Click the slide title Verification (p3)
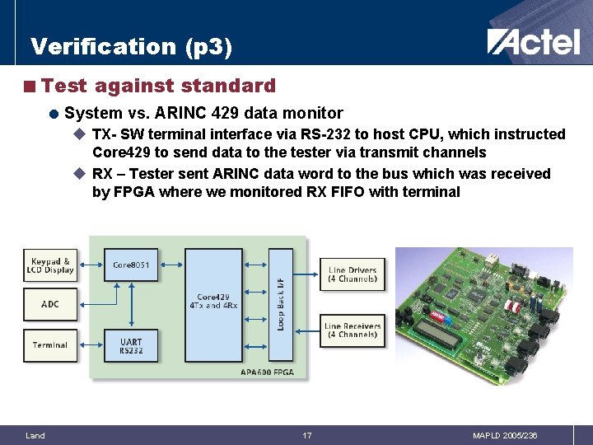(132, 46)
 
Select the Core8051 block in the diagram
(131, 265)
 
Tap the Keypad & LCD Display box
(50, 265)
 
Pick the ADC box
(50, 304)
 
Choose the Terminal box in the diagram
(50, 344)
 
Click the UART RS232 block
(131, 346)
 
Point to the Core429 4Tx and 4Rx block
(213, 302)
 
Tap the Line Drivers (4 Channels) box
(353, 274)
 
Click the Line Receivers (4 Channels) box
(353, 330)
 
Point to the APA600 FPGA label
(268, 372)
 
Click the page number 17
(306, 435)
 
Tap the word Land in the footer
(35, 435)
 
